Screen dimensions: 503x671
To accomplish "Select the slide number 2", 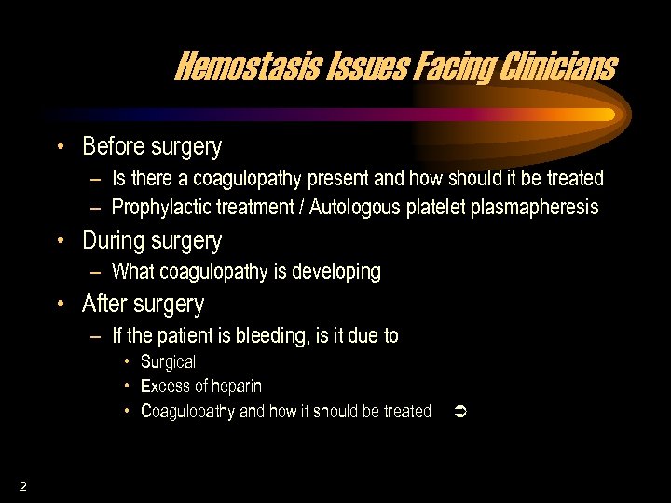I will pos(21,485).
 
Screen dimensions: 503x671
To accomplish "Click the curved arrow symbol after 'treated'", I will pos(458,411).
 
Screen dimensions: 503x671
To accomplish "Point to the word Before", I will pos(112,147).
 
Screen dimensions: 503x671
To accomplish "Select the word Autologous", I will pos(357,208).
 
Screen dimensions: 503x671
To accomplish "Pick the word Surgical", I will pos(168,362).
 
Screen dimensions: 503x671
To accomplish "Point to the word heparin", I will pos(232,387).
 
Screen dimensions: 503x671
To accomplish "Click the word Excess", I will pos(165,387).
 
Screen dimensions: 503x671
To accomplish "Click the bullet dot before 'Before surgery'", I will pos(60,146).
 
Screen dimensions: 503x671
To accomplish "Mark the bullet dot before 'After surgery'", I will pos(60,304).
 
